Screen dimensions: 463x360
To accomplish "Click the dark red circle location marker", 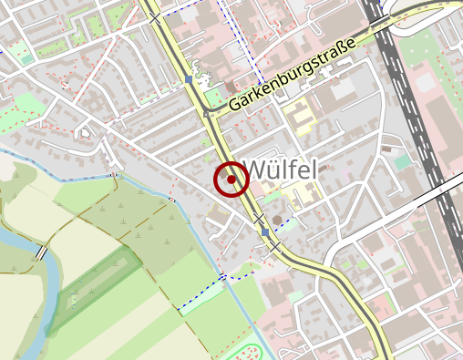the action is pos(231,180).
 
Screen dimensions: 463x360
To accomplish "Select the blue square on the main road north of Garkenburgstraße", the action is pos(190,80).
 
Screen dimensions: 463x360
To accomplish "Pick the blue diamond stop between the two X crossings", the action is pos(265,232).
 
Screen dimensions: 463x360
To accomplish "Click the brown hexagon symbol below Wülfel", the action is pos(277,219).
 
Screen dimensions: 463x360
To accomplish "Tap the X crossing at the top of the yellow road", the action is pos(157,17).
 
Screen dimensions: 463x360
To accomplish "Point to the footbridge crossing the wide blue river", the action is pos(41,252).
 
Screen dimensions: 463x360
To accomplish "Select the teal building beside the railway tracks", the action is pos(402,161).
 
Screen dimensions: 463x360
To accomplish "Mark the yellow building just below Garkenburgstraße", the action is pos(298,117).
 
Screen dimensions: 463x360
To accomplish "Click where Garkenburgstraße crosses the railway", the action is pos(377,29).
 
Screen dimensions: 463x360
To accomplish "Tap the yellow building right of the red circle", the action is pos(301,193).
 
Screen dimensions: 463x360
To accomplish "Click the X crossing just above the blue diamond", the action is pos(259,219).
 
